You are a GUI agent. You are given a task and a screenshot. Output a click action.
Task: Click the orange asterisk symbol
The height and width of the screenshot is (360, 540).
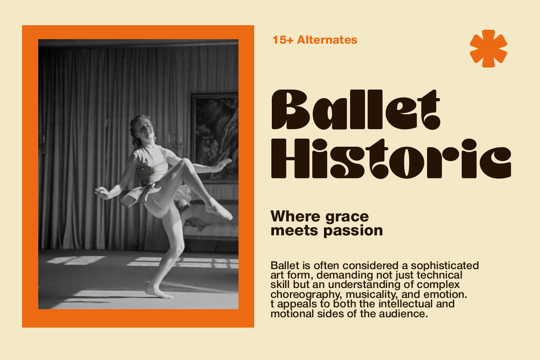click(488, 49)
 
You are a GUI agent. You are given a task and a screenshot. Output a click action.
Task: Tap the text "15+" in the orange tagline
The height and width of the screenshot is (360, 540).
click(283, 40)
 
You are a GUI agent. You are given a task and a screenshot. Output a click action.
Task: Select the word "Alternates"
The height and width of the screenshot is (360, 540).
click(327, 40)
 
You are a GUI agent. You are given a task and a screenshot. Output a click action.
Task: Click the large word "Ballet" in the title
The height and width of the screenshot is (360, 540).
click(356, 110)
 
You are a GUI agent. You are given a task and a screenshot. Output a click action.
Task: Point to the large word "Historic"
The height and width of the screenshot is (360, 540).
click(391, 159)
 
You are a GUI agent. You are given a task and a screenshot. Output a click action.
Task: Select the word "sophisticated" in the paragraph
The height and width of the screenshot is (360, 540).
click(445, 265)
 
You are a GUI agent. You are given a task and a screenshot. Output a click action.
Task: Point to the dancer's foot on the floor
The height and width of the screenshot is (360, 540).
click(158, 292)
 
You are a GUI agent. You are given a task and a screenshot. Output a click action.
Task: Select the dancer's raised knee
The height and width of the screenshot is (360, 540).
click(186, 163)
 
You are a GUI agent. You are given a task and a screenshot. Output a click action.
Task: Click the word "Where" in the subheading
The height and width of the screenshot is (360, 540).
click(296, 216)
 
